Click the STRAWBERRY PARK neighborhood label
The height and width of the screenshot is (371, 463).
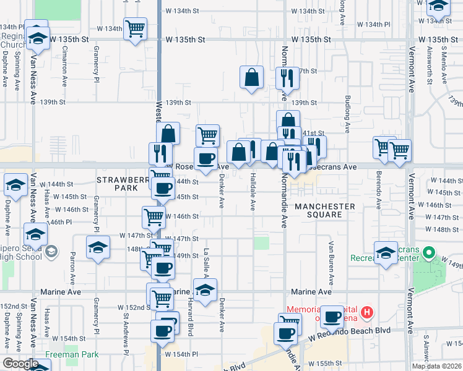(121, 183)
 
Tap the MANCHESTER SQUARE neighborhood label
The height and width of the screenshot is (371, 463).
(325, 210)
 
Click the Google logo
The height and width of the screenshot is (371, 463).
(20, 364)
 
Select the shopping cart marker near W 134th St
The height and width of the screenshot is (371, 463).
(135, 28)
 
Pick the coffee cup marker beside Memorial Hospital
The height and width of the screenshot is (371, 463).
(332, 316)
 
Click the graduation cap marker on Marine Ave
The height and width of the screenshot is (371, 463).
(205, 288)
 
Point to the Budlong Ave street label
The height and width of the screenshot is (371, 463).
(348, 115)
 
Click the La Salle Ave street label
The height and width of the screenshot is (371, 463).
(206, 260)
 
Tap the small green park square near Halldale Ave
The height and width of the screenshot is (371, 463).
(262, 242)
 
